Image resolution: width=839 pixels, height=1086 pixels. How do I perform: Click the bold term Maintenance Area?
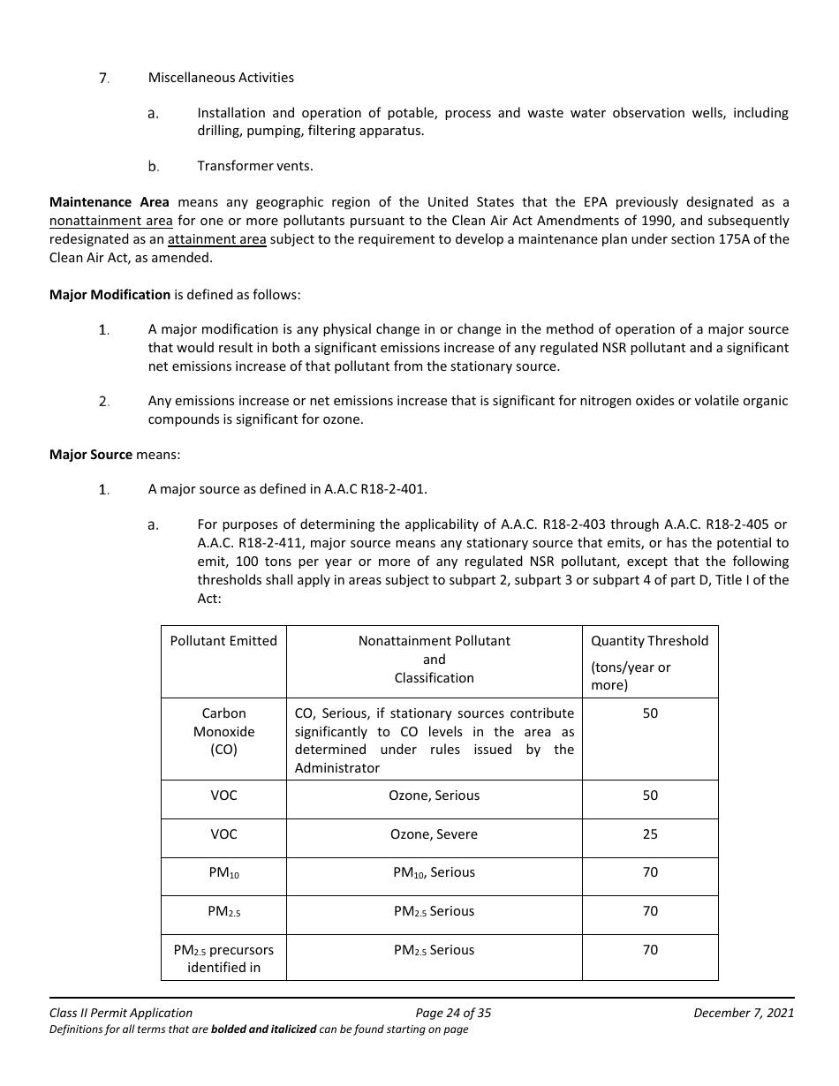(110, 202)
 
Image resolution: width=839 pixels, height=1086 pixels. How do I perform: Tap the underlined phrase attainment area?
(216, 239)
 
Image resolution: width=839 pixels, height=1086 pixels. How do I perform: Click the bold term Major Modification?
(110, 294)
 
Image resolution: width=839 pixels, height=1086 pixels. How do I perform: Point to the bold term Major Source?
(91, 454)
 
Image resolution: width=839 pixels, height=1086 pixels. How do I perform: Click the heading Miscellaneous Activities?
(221, 78)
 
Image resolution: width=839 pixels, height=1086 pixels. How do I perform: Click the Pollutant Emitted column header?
(223, 641)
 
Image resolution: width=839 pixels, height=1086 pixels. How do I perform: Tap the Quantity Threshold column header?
(649, 641)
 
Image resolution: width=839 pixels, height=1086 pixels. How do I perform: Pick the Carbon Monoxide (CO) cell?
(223, 731)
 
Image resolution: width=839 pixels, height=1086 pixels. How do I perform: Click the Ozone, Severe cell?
(434, 834)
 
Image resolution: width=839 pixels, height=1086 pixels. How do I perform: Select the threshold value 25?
(650, 834)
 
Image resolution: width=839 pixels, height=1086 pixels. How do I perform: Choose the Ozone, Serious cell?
(434, 796)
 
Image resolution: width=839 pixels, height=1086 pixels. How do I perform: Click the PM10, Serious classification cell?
(434, 872)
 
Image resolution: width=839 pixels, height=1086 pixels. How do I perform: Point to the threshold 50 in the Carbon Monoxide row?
(650, 713)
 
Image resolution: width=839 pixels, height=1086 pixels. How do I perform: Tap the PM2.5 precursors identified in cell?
(223, 959)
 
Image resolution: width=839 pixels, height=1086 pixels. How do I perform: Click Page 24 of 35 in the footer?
(453, 1013)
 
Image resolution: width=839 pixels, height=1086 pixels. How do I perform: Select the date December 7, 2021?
(744, 1013)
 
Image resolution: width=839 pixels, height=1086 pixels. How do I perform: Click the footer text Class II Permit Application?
(121, 1013)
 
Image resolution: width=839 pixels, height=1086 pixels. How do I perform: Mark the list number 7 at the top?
(103, 78)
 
